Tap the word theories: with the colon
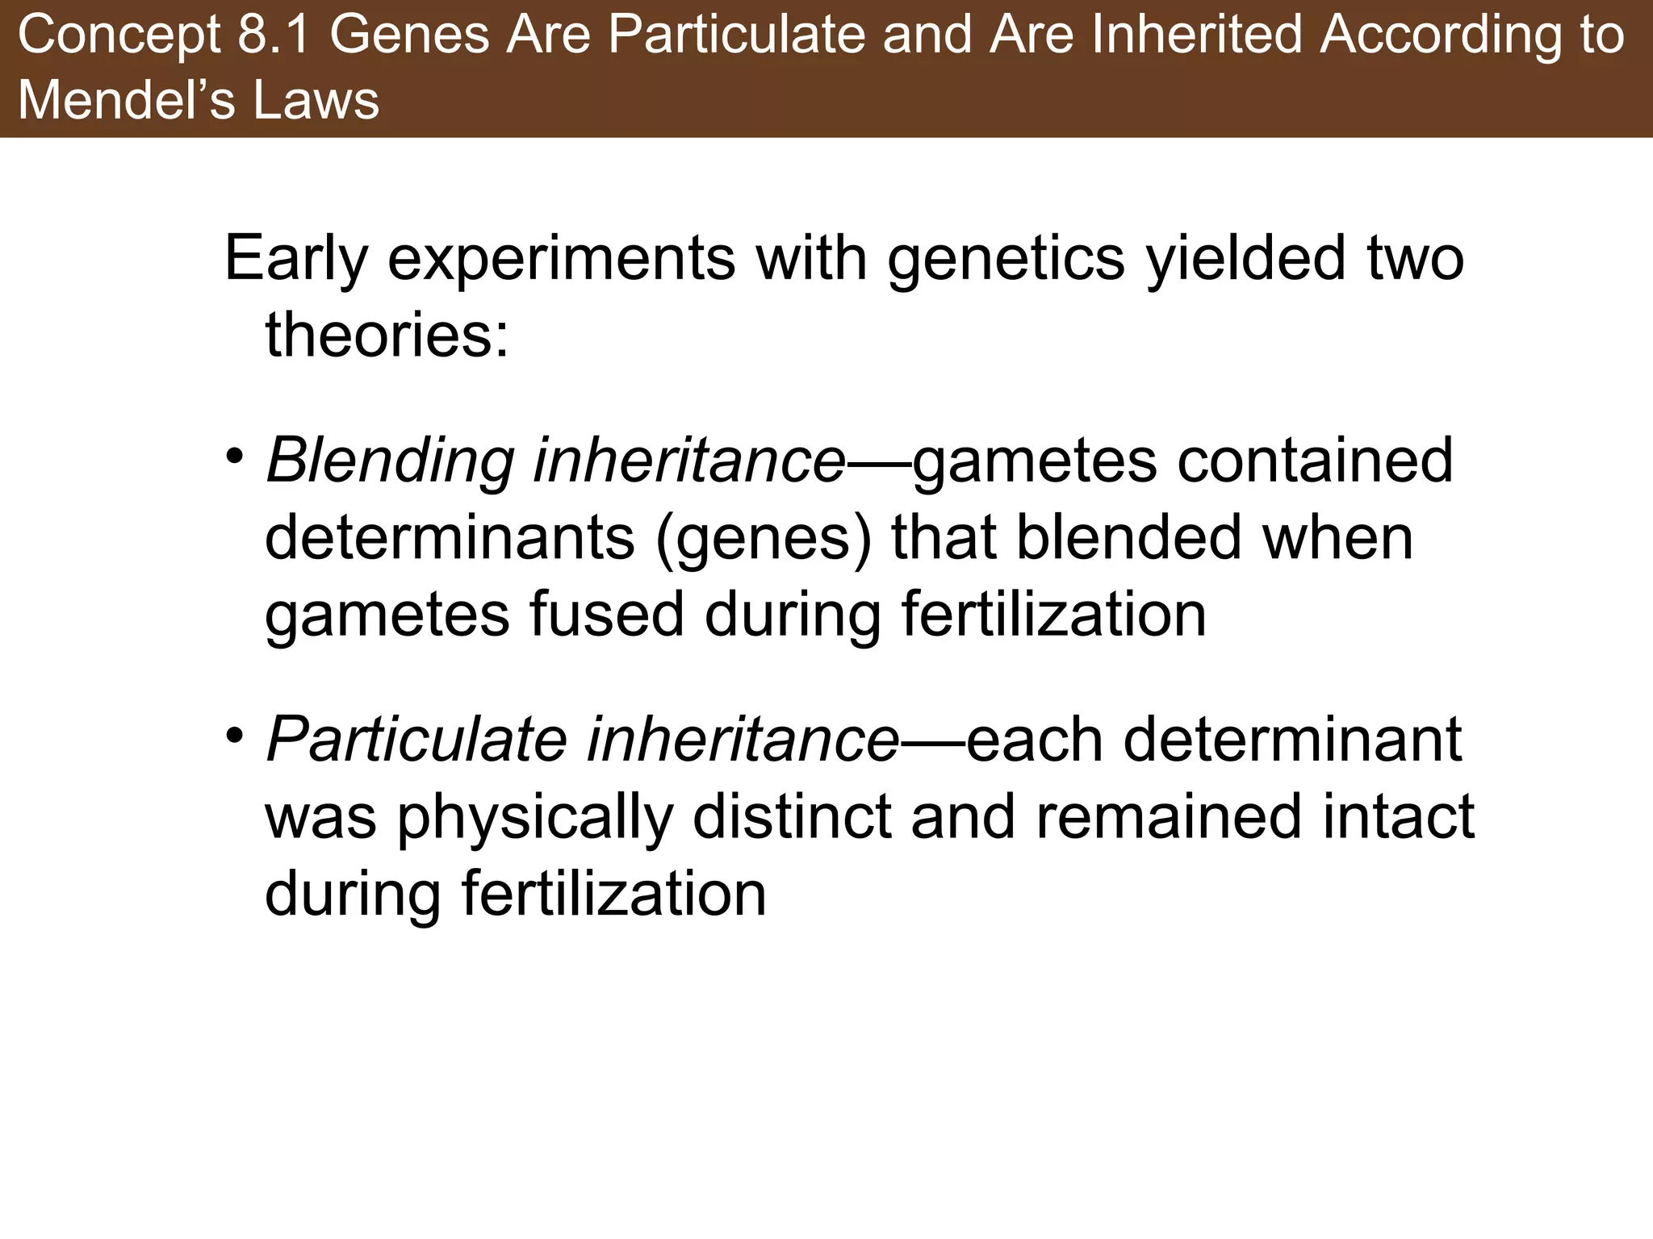point(387,336)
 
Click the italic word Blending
point(390,461)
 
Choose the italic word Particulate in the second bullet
point(416,740)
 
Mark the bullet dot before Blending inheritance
point(234,457)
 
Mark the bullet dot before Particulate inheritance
point(234,736)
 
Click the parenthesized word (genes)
point(764,539)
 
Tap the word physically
point(535,818)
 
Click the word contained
point(1315,461)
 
